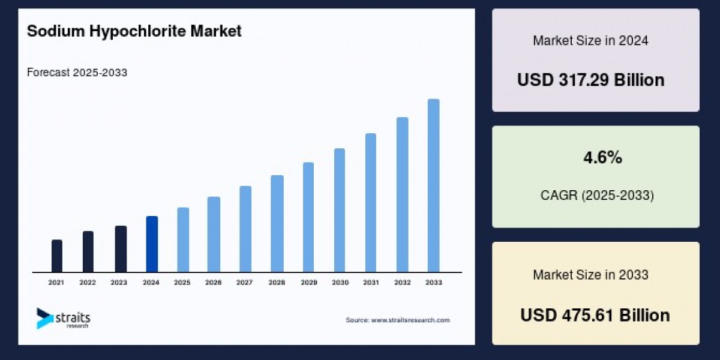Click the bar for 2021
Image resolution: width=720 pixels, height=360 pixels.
click(57, 256)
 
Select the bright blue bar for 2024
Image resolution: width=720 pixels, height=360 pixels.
click(152, 244)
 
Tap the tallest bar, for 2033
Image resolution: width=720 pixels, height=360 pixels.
click(433, 185)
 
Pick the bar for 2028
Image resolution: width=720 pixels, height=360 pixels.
click(277, 224)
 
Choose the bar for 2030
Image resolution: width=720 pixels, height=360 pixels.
click(340, 210)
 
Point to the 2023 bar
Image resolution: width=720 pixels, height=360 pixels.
click(121, 249)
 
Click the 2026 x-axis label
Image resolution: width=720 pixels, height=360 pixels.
click(214, 282)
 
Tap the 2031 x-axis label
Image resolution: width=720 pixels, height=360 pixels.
click(371, 282)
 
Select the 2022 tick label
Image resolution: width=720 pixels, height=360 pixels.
click(88, 282)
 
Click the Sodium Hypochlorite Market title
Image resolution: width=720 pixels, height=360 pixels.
click(134, 32)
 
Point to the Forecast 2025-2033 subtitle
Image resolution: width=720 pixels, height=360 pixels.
click(77, 73)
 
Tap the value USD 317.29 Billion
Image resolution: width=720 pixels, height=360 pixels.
click(591, 80)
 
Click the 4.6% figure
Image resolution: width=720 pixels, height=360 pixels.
click(603, 158)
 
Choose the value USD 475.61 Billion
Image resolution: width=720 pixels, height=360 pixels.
click(595, 315)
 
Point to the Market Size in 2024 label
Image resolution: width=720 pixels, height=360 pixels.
click(590, 41)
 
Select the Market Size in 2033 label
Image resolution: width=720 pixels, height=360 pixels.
click(590, 275)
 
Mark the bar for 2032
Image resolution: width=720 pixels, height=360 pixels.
click(402, 194)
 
